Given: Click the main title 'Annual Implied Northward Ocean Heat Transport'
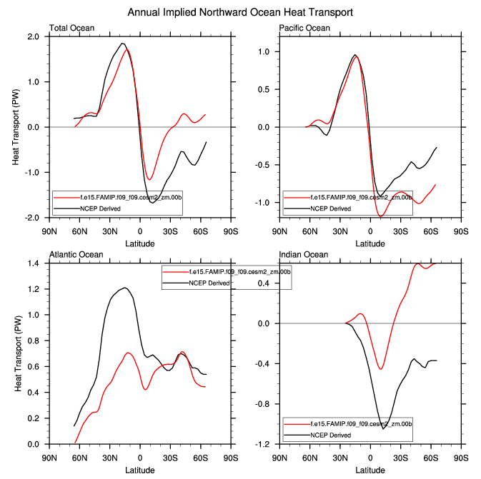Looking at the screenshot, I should [240, 13].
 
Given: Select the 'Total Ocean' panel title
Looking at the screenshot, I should [71, 28].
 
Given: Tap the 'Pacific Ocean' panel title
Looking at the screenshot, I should [304, 28].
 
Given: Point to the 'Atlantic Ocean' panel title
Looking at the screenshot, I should [76, 255].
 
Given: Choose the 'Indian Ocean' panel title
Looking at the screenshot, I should [303, 255].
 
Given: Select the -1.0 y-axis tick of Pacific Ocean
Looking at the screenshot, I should [263, 203].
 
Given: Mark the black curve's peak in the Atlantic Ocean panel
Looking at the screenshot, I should [125, 288].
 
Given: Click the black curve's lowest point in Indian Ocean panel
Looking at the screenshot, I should [383, 428].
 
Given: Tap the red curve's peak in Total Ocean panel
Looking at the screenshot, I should [127, 50].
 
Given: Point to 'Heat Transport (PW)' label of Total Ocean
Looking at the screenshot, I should [16, 127].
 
